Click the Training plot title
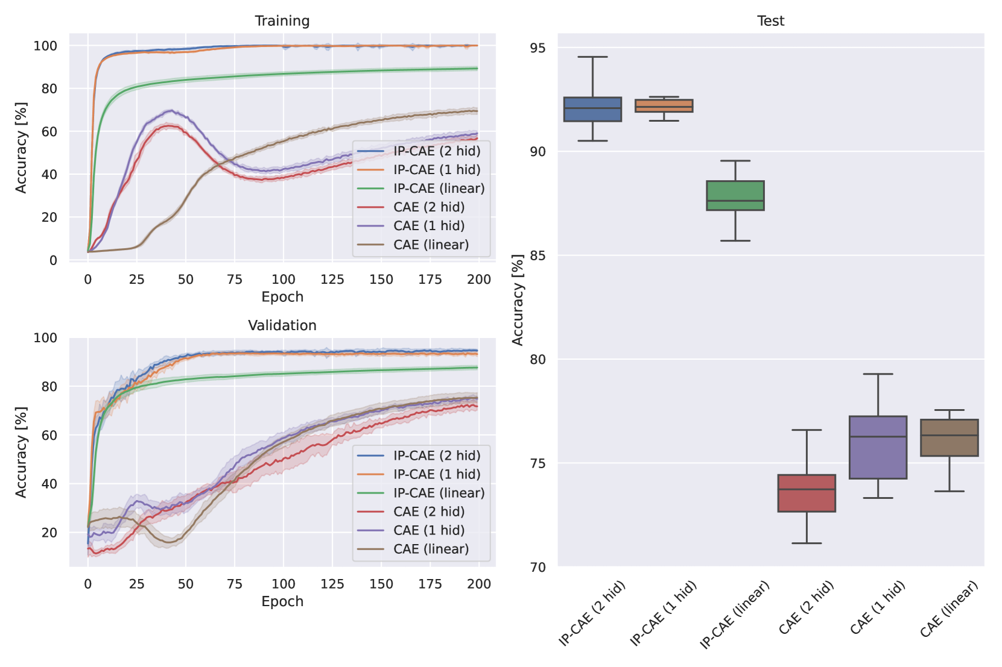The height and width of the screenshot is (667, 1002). point(282,21)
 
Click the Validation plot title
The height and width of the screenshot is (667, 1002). point(282,325)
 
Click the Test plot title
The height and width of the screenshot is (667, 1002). point(770,21)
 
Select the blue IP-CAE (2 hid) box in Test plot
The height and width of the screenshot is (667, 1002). point(592,109)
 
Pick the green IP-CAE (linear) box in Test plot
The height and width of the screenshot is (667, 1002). point(735,195)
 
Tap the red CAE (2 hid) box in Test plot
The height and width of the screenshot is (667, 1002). point(807,493)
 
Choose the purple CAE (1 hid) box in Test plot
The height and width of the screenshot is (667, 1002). point(878,447)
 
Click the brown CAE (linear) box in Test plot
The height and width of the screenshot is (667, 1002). point(949,437)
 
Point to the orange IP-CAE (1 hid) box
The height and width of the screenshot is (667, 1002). point(664,105)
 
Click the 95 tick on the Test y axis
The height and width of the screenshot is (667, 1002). point(537,48)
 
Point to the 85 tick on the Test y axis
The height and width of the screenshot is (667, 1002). point(537,255)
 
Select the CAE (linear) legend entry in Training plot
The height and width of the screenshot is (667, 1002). point(431,245)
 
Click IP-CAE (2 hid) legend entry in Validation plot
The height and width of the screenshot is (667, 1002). point(437,456)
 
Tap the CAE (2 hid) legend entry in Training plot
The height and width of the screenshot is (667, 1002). point(429,207)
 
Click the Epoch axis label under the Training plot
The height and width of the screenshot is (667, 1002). point(282,296)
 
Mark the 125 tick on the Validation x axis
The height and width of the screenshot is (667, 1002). point(332,583)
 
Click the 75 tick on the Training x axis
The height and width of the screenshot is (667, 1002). point(234,279)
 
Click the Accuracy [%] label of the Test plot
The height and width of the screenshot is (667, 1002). point(518,299)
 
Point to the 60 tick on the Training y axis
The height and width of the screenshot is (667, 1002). point(49,131)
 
